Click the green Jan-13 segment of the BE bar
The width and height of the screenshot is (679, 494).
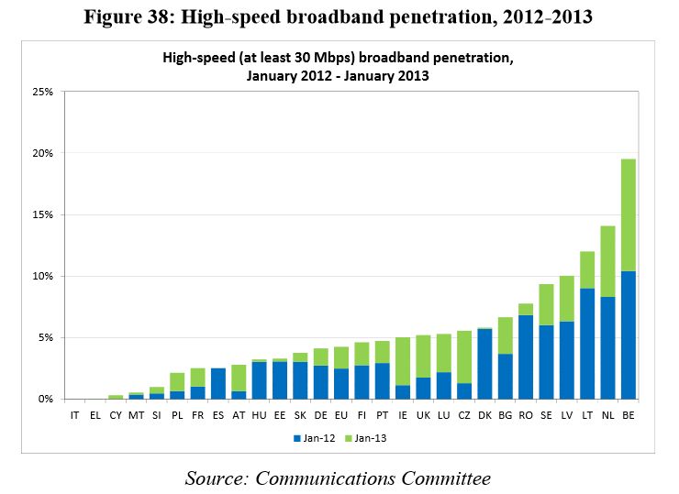(629, 215)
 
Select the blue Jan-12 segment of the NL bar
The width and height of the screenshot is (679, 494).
(608, 348)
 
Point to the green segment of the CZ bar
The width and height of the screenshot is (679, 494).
(464, 357)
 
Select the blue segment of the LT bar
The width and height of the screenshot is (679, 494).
(587, 344)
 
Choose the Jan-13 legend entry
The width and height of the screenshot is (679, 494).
(366, 439)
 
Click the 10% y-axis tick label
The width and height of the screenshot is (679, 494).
(42, 276)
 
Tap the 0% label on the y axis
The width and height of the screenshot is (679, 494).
(45, 400)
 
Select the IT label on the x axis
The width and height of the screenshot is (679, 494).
(74, 415)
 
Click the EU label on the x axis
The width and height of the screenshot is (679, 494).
(341, 415)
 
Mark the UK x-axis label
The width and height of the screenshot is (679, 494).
(423, 415)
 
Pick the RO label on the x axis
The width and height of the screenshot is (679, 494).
(526, 415)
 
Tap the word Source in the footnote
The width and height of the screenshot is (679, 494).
(217, 478)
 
